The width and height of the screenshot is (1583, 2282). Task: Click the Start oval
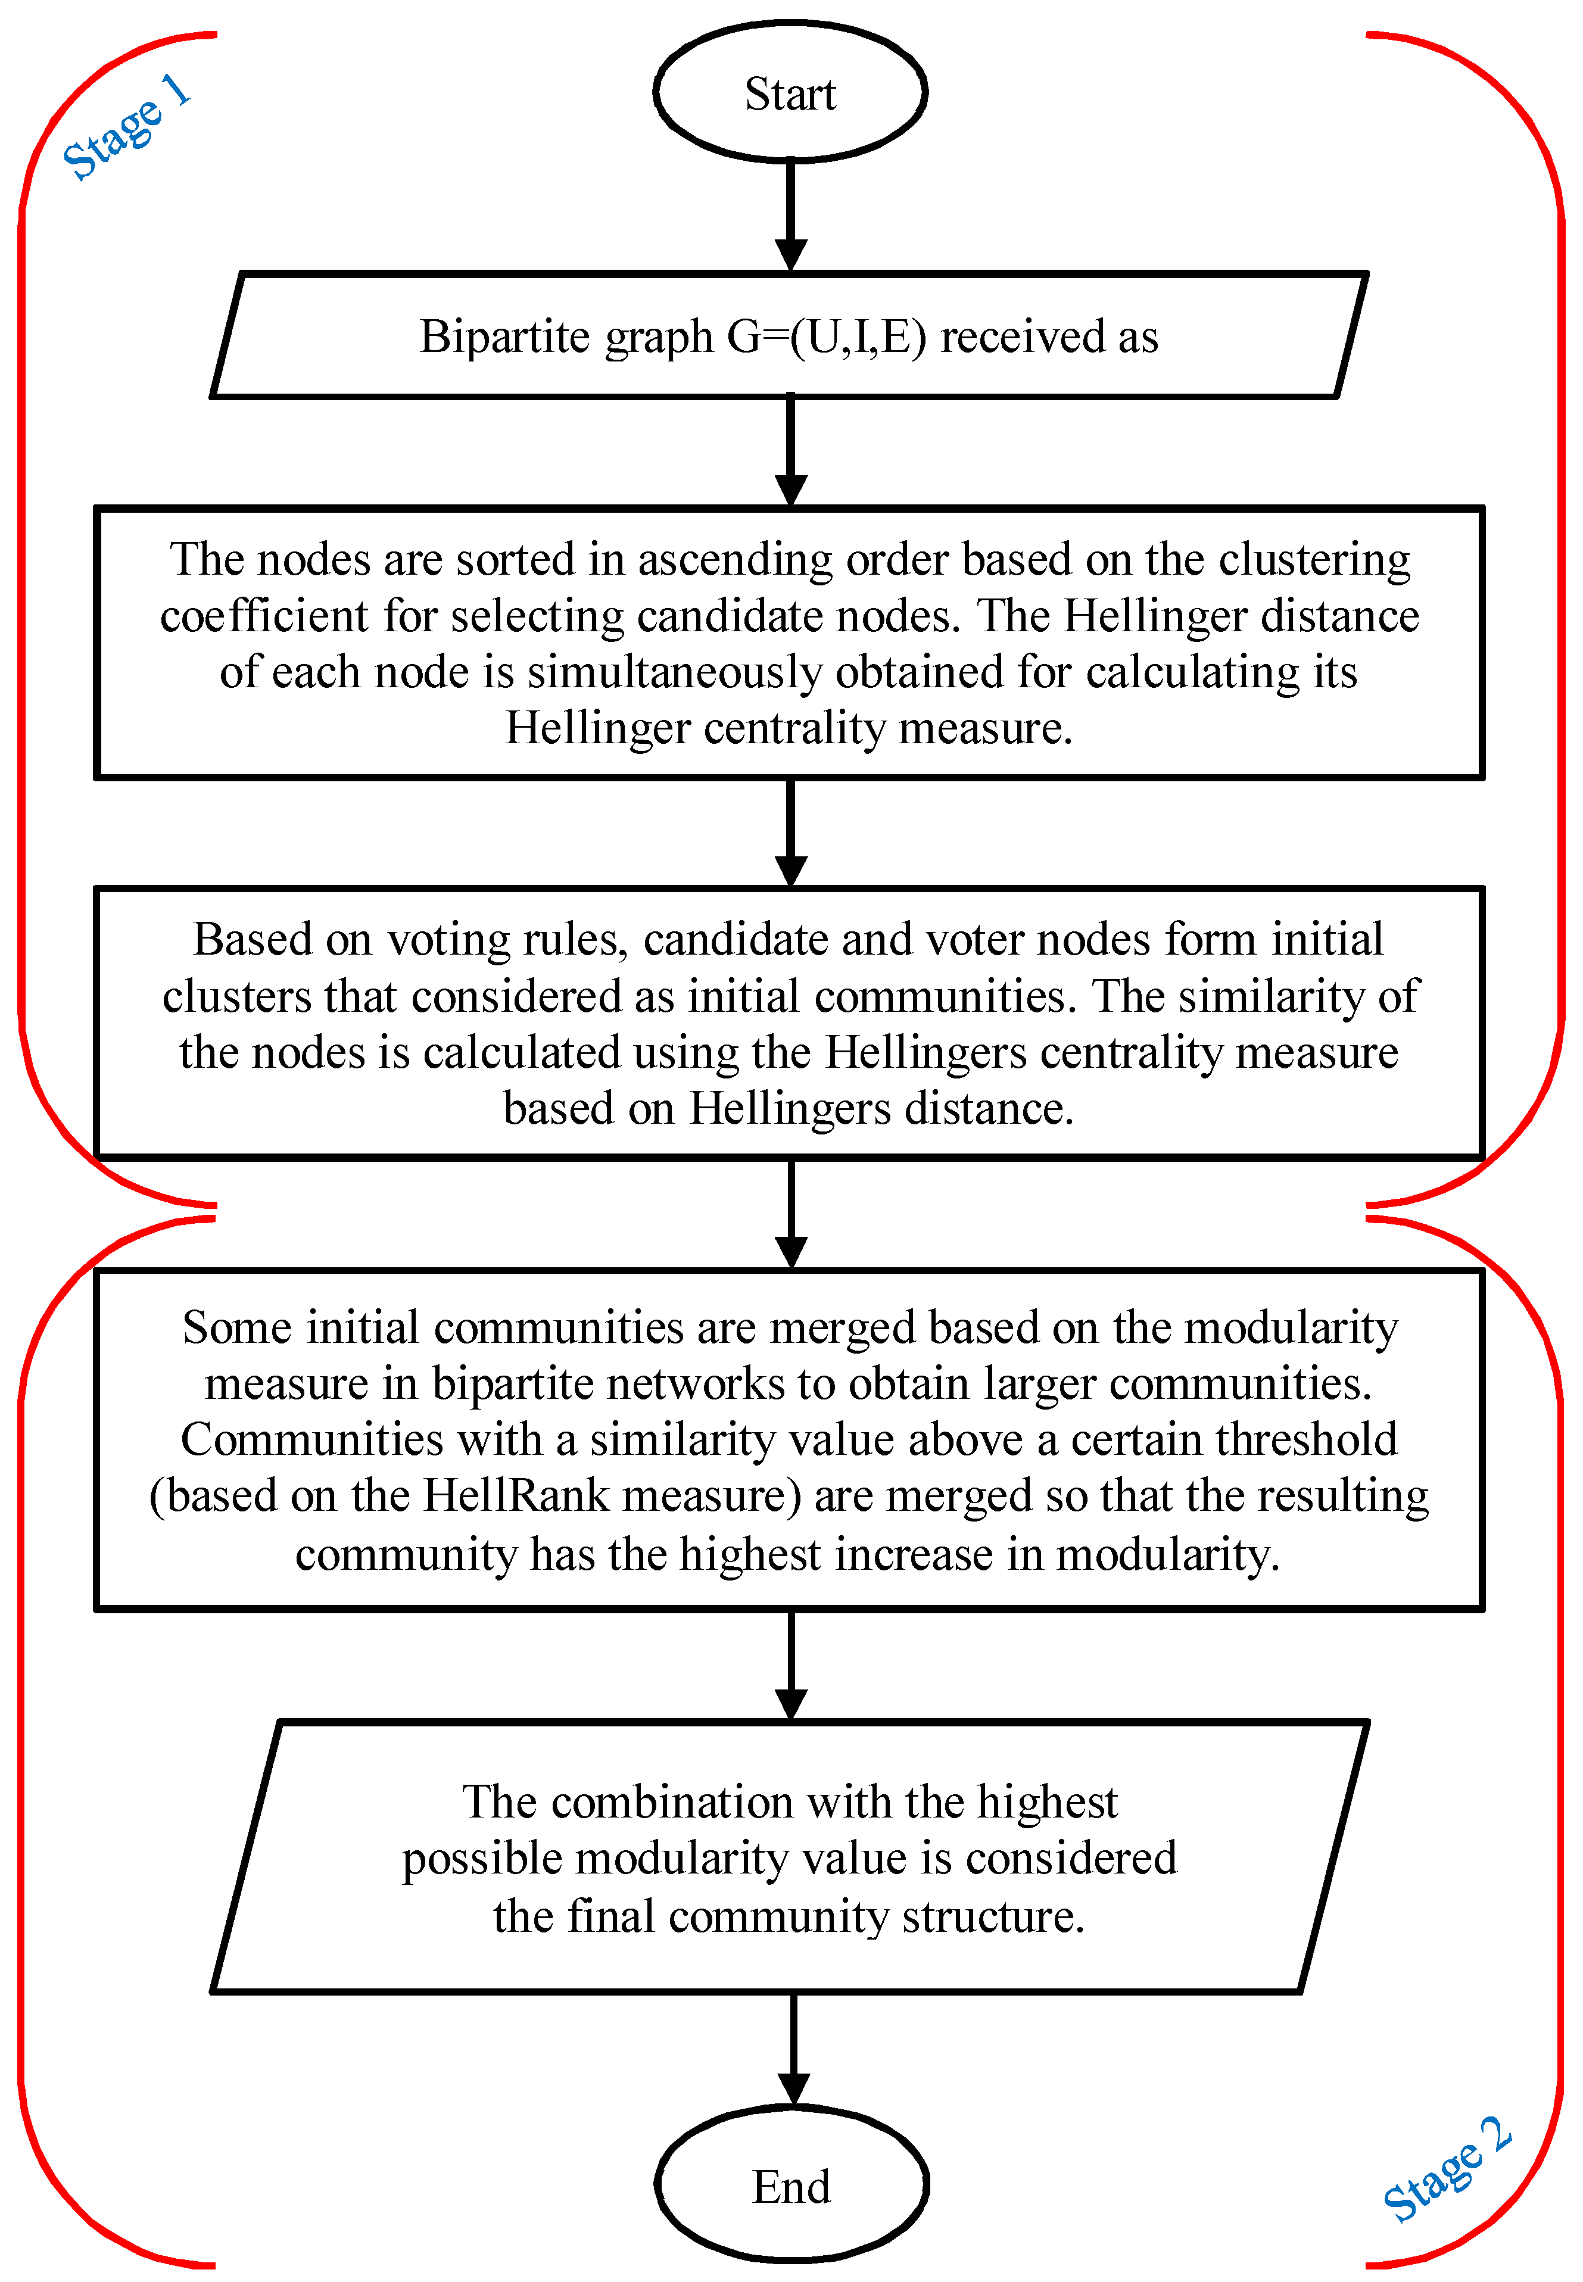pos(790,92)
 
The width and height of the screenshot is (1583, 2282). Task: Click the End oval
pos(791,2185)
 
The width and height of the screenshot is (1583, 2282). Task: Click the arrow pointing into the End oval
pos(793,2048)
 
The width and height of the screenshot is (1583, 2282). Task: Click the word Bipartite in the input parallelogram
pos(505,337)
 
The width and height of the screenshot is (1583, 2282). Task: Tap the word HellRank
pos(516,1495)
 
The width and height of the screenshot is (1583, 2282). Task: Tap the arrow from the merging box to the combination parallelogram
pos(790,1664)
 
